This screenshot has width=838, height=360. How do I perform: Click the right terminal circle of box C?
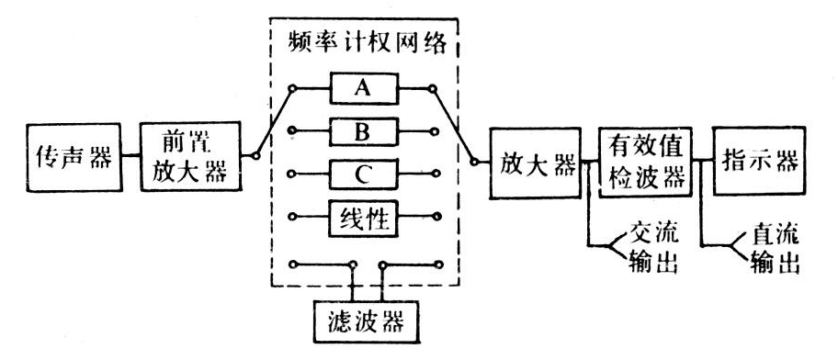438,174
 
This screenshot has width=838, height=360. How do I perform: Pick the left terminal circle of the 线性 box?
292,218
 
